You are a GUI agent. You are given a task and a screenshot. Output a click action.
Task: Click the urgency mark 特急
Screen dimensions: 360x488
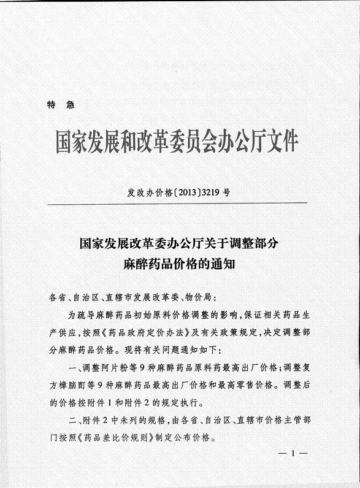tap(60, 105)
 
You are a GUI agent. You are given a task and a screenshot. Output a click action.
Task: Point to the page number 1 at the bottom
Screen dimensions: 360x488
tap(293, 454)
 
